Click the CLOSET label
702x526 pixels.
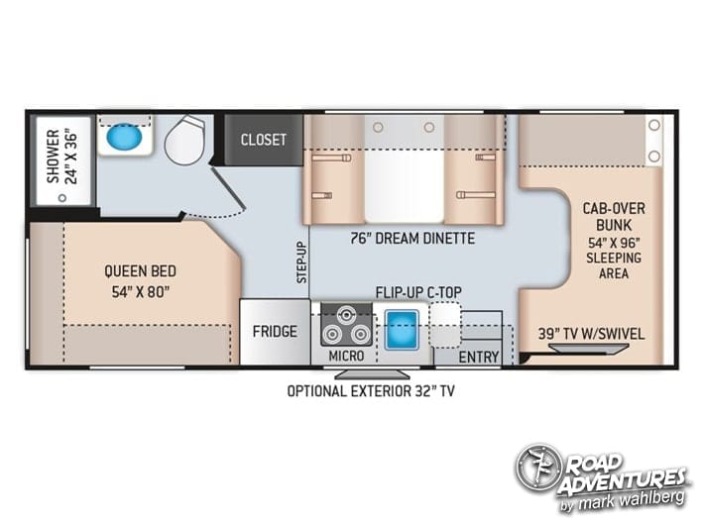(x=264, y=140)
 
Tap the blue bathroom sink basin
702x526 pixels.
(x=125, y=136)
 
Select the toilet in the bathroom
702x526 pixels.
(x=186, y=140)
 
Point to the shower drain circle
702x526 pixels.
(x=62, y=197)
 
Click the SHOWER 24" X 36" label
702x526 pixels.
(x=62, y=157)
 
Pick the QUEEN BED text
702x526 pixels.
(x=140, y=271)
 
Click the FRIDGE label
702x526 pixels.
(x=275, y=332)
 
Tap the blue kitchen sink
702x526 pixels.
(x=402, y=330)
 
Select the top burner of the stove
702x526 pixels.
(x=346, y=315)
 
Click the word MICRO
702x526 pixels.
(x=346, y=356)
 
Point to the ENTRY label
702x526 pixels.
(x=479, y=357)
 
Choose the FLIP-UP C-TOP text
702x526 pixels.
(x=418, y=292)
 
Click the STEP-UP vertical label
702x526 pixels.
(x=302, y=263)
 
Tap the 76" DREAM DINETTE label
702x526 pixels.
(x=412, y=239)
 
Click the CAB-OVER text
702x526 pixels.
(x=614, y=208)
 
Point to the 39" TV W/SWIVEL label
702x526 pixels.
(x=591, y=334)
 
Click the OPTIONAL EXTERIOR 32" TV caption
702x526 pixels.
(x=371, y=391)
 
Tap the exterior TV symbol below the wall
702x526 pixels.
(x=371, y=374)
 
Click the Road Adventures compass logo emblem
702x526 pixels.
(x=537, y=468)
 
